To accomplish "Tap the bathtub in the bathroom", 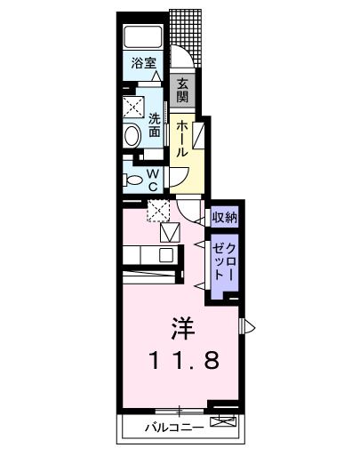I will tap(143, 37).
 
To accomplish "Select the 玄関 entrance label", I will tap(182, 90).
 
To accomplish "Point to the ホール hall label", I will tap(181, 139).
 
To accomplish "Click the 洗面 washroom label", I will tap(155, 125).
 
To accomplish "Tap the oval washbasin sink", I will tap(132, 137).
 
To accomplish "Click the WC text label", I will tap(152, 180).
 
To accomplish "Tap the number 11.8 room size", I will tap(180, 361).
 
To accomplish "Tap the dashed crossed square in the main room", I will tap(161, 212).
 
